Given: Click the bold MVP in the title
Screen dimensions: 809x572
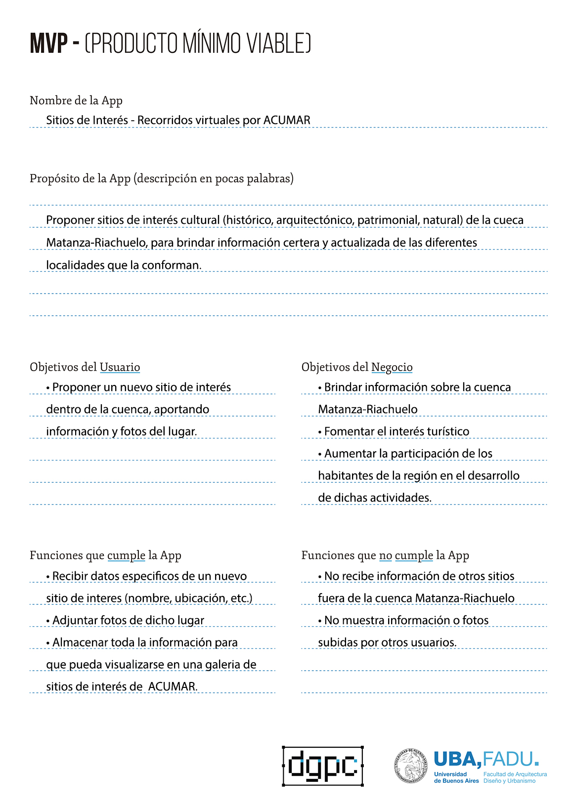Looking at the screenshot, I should coord(48,43).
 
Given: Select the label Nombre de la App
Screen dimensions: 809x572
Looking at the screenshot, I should coord(76,101).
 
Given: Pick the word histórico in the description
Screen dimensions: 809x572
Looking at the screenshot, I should coord(249,220).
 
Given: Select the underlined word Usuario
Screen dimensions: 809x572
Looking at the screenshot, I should coord(120,367).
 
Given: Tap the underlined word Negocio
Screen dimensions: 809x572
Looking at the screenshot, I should coord(392,367).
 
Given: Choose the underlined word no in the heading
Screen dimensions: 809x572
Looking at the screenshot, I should coord(386,555).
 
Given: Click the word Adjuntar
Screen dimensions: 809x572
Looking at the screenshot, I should coord(75,620).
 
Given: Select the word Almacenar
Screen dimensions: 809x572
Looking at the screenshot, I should coord(80,642).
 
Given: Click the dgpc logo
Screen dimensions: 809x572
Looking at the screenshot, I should coord(323,766).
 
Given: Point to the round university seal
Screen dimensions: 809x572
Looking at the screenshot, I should coord(410,766).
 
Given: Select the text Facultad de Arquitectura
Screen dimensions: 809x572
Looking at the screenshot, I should coord(515,774).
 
